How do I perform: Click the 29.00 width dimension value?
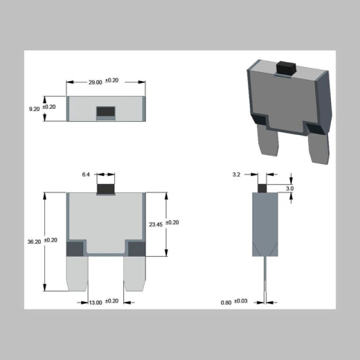94,82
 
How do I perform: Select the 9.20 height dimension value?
32,108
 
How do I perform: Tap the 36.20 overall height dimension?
32,242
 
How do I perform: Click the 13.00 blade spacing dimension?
95,302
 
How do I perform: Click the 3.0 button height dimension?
289,188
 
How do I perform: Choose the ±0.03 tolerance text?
242,301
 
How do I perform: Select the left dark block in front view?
75,248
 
